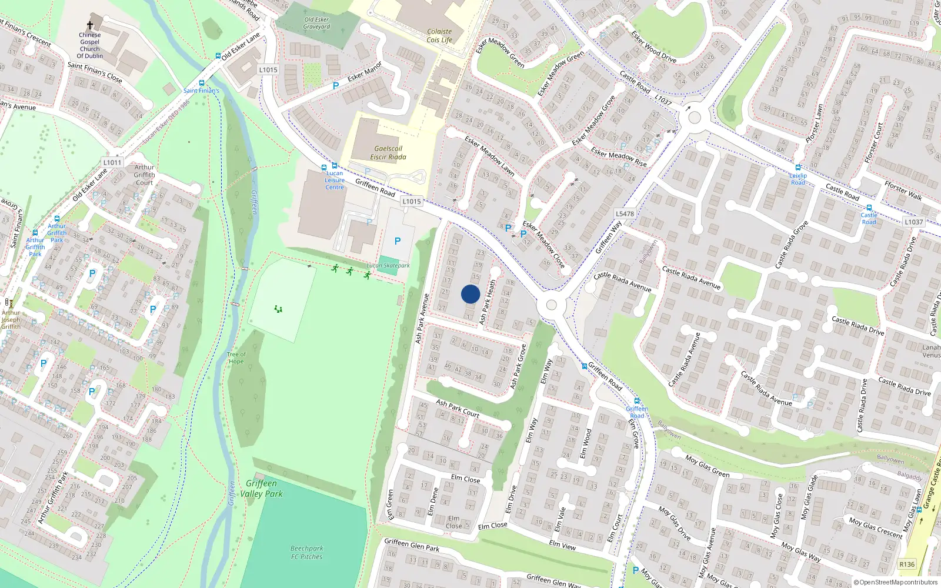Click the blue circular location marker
pyautogui.click(x=470, y=294)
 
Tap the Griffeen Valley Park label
pyautogui.click(x=262, y=489)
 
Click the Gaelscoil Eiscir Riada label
pyautogui.click(x=388, y=153)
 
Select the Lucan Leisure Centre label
pyautogui.click(x=335, y=180)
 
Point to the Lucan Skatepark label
pyautogui.click(x=388, y=266)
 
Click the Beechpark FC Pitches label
pyautogui.click(x=306, y=552)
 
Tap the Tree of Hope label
pyautogui.click(x=236, y=358)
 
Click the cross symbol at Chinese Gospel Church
pyautogui.click(x=90, y=25)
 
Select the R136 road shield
pyautogui.click(x=907, y=564)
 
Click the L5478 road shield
pyautogui.click(x=625, y=214)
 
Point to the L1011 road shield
pyautogui.click(x=112, y=162)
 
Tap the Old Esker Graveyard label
pyautogui.click(x=316, y=23)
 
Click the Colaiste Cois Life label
pyautogui.click(x=439, y=36)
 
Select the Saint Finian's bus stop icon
pyautogui.click(x=202, y=83)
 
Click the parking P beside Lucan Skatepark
pyautogui.click(x=398, y=241)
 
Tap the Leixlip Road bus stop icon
pyautogui.click(x=798, y=168)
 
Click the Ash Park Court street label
pyautogui.click(x=458, y=409)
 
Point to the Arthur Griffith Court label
pyautogui.click(x=144, y=175)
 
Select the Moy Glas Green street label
pyautogui.click(x=708, y=466)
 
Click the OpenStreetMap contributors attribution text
pyautogui.click(x=896, y=583)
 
